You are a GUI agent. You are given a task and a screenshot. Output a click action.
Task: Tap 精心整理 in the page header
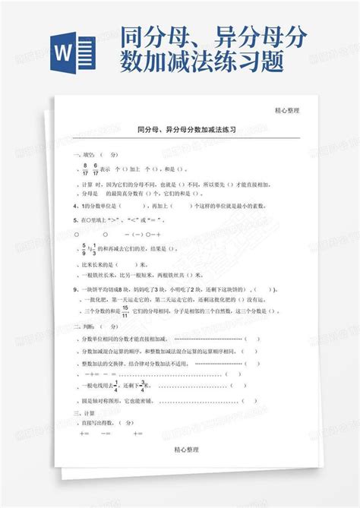pos(287,110)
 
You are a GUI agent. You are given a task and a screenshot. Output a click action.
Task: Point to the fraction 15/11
pos(125,310)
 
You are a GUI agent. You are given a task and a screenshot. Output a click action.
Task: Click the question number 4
pos(74,205)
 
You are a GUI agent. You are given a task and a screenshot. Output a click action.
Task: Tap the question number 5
pos(74,219)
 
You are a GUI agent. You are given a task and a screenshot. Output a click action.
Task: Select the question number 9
pos(74,289)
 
